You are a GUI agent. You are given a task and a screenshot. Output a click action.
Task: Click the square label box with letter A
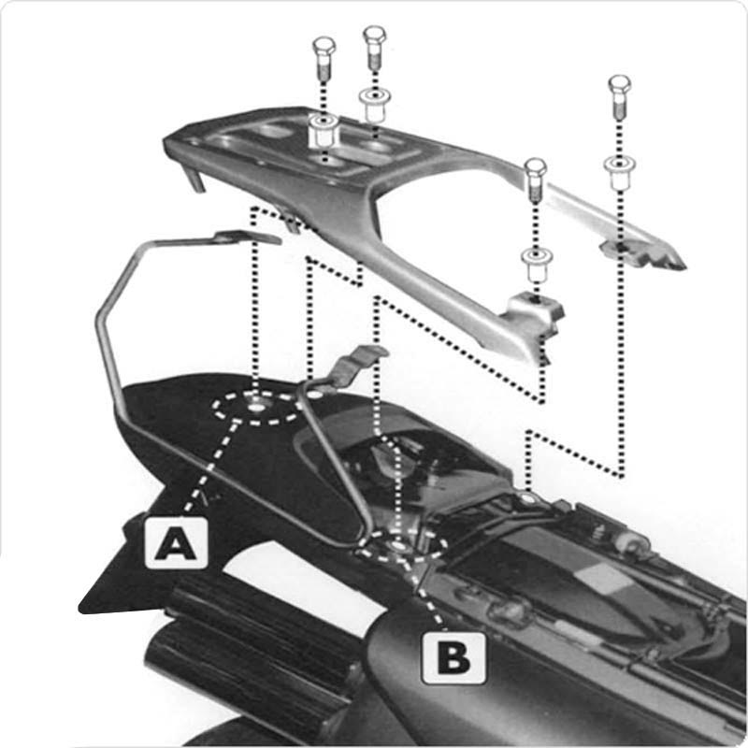pyautogui.click(x=176, y=543)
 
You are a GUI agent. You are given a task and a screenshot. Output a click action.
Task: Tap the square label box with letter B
pyautogui.click(x=453, y=658)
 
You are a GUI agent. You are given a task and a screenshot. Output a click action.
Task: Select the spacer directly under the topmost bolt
pyautogui.click(x=375, y=104)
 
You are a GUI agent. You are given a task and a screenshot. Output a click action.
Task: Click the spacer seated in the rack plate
pyautogui.click(x=324, y=129)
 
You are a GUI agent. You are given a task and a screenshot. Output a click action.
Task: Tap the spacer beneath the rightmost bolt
pyautogui.click(x=620, y=173)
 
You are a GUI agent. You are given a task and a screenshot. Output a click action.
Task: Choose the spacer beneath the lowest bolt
pyautogui.click(x=538, y=265)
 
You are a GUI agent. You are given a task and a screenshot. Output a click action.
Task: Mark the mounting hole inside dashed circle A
pyautogui.click(x=254, y=407)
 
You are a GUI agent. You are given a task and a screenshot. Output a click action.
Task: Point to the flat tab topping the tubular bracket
pyautogui.click(x=248, y=237)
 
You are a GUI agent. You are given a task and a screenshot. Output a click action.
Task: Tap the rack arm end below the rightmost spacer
pyautogui.click(x=641, y=253)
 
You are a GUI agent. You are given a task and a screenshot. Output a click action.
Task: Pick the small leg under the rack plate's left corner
pyautogui.click(x=194, y=178)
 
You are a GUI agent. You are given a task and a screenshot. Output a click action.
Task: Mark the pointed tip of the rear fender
pyautogui.click(x=82, y=609)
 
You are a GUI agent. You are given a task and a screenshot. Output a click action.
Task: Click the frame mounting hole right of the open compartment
pyautogui.click(x=527, y=499)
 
